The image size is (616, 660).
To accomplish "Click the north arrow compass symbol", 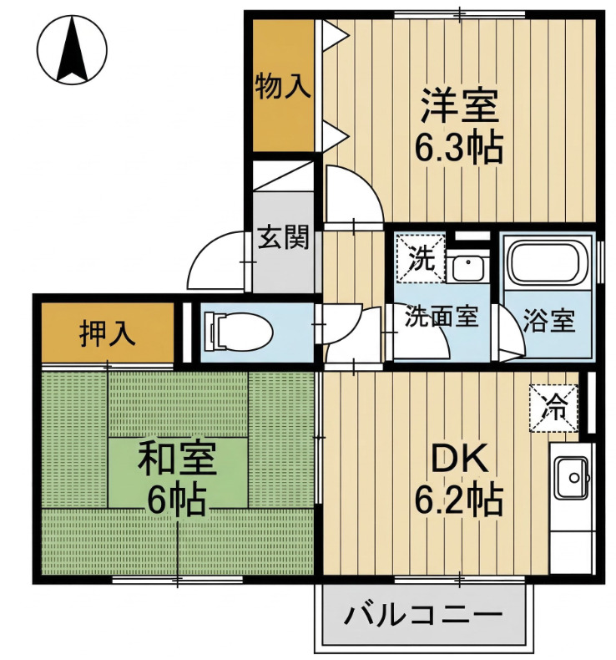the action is click(72, 49).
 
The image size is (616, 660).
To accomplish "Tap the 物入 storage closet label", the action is click(283, 86).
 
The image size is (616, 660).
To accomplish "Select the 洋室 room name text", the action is click(460, 105).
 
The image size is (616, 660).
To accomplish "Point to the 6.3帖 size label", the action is click(459, 148).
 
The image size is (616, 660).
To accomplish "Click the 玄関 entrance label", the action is click(284, 237).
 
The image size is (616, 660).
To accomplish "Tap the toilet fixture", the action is click(237, 332).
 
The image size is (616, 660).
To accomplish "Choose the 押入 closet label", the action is click(108, 334).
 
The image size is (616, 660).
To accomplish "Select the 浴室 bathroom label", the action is click(548, 320).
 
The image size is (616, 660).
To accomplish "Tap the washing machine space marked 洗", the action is click(421, 258).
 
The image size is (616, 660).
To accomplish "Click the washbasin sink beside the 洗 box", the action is click(467, 268).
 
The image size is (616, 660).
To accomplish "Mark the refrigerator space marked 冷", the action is click(554, 409).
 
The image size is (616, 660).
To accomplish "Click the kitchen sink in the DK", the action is click(572, 477).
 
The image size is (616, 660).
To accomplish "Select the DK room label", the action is click(460, 459).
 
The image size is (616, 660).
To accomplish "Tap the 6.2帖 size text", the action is click(459, 500).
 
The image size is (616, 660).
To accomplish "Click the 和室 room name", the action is click(178, 458).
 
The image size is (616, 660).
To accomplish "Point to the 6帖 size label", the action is click(177, 500).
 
